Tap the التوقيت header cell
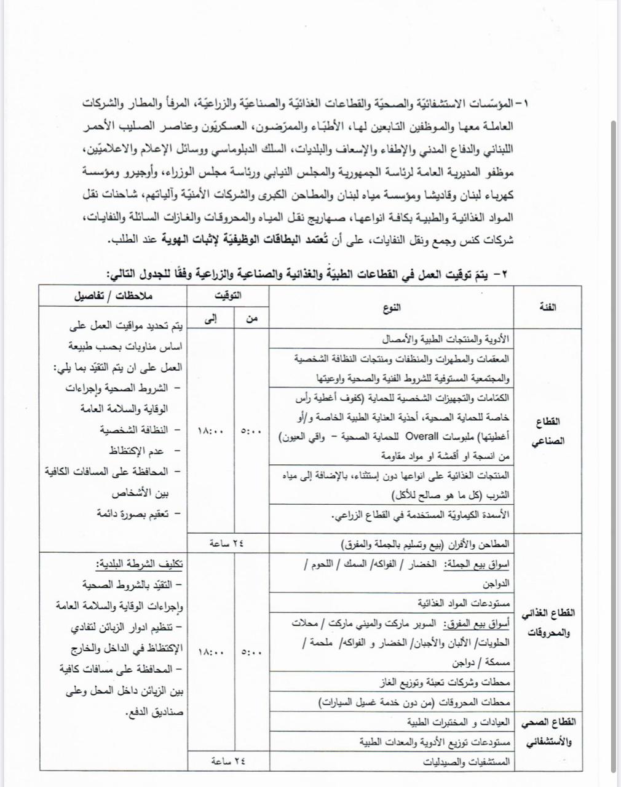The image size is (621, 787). pos(229,296)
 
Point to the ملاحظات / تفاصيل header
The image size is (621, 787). pos(113,296)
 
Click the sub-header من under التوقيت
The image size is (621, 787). pos(251,318)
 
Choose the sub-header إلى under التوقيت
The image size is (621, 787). pos(208,318)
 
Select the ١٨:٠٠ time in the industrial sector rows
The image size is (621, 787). pos(211,432)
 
